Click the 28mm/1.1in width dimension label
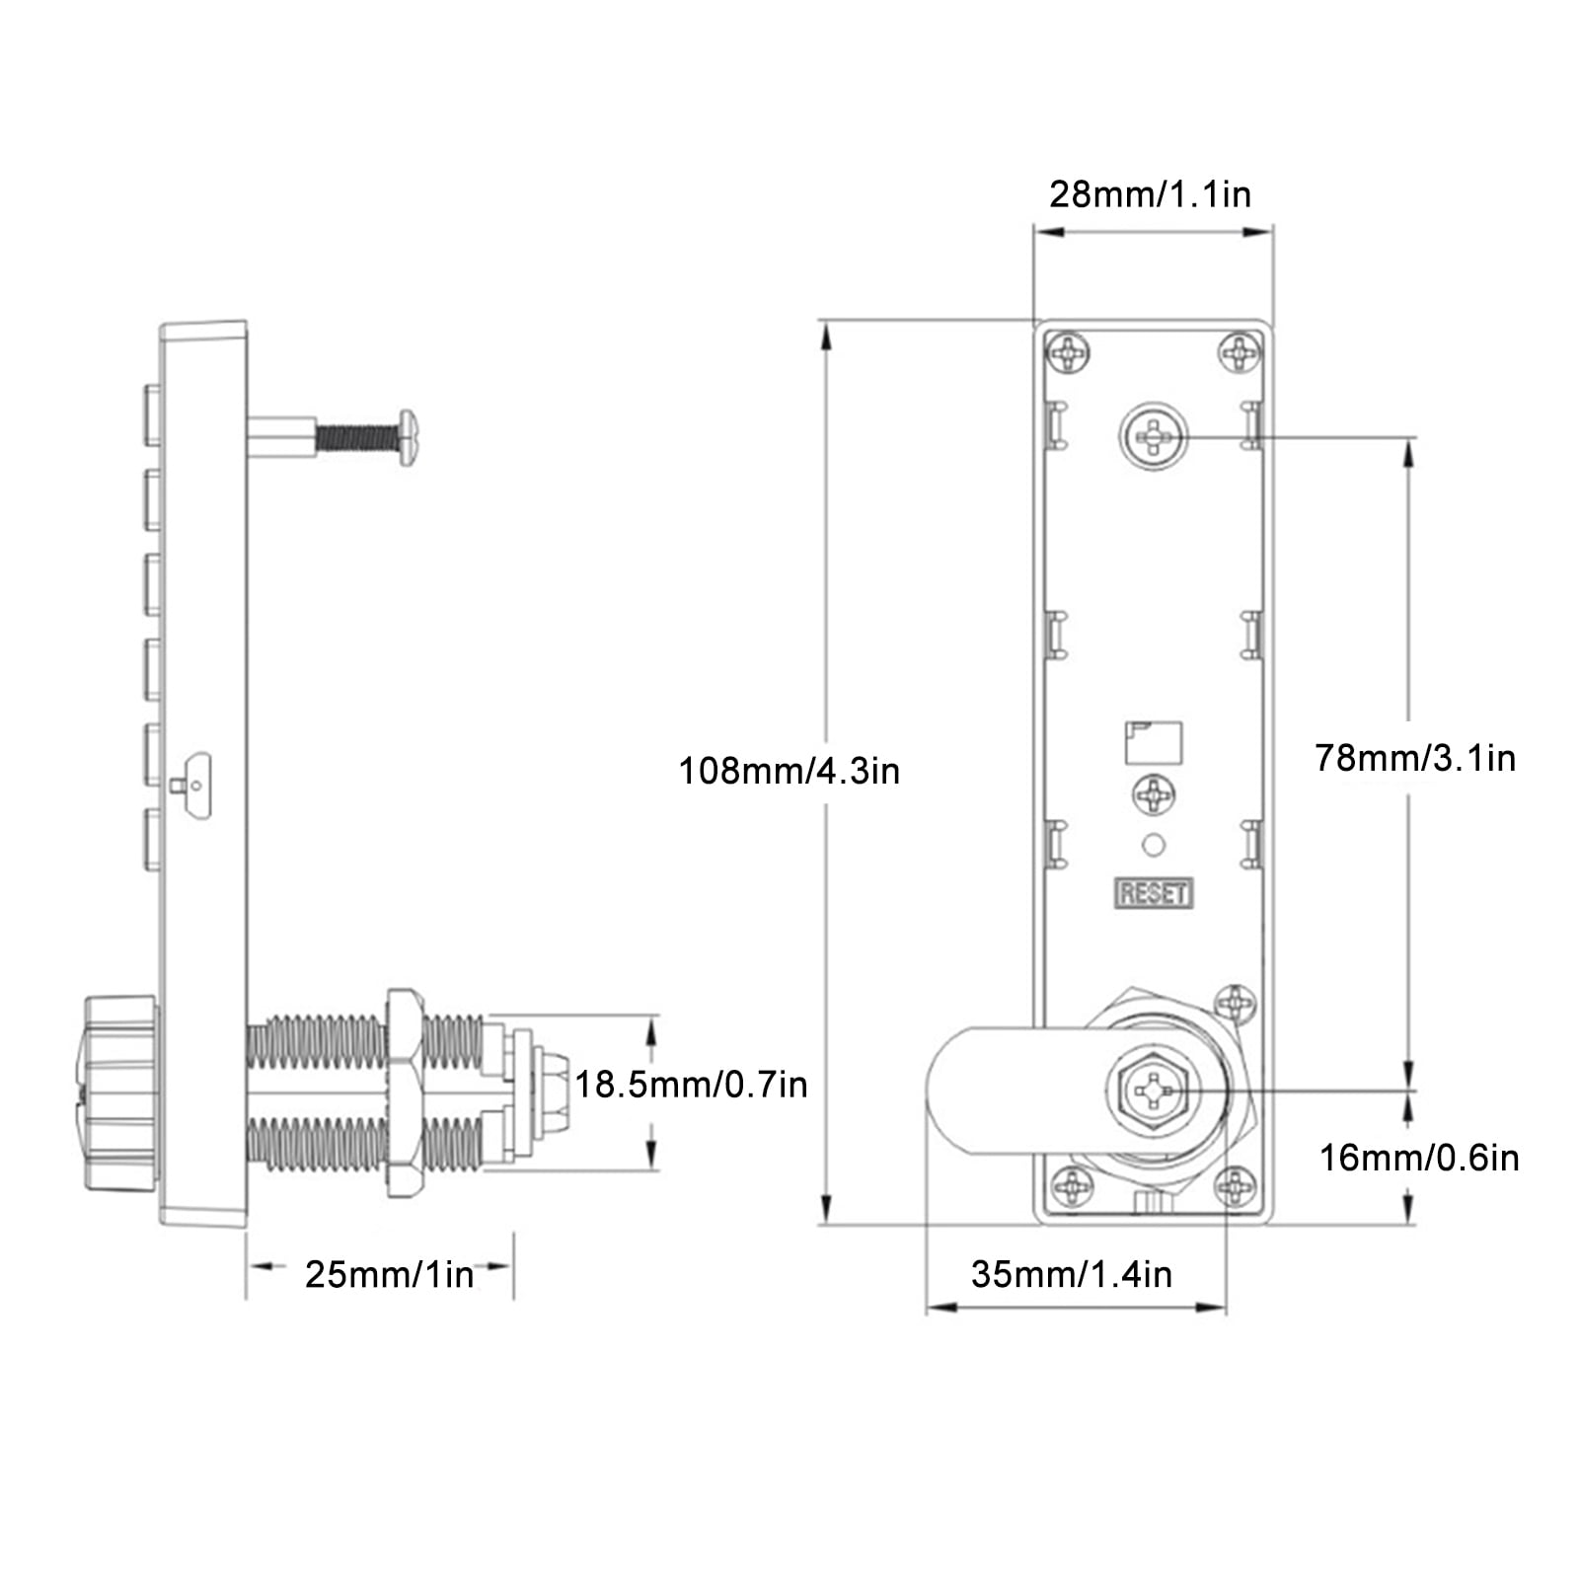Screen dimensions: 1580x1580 [x=1150, y=194]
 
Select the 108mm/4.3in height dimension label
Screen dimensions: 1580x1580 [x=789, y=771]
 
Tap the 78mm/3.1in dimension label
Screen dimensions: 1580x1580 [x=1414, y=758]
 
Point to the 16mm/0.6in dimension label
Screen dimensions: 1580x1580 [x=1419, y=1158]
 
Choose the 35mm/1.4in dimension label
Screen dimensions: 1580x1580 [x=1072, y=1274]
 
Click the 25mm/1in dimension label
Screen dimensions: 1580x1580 [x=390, y=1274]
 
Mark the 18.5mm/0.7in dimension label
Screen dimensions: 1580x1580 [x=691, y=1085]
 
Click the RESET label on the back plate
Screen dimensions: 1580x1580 [x=1154, y=893]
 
